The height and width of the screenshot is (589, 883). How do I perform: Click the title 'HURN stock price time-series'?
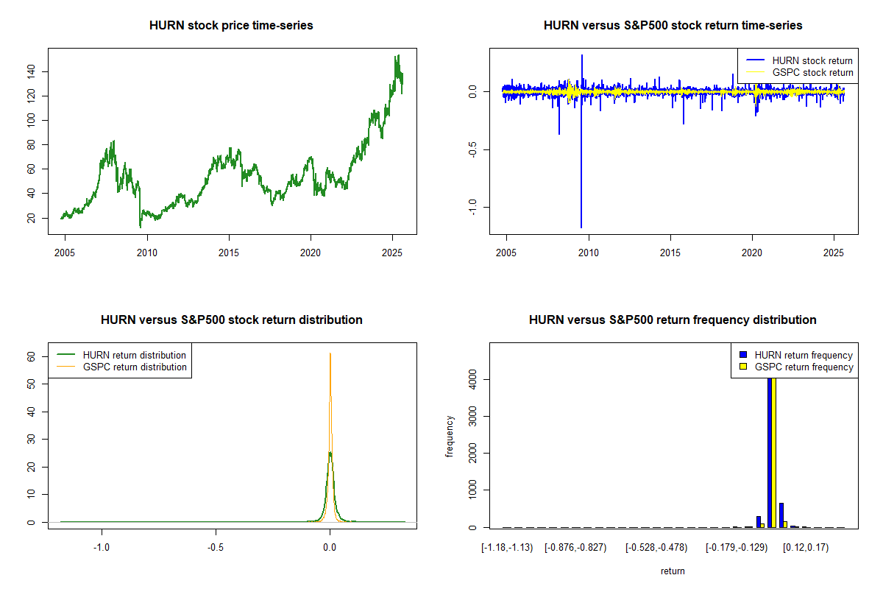[x=231, y=26]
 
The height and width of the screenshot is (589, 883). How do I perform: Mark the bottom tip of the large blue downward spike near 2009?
[x=581, y=227]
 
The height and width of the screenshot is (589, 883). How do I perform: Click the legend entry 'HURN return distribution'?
[x=135, y=355]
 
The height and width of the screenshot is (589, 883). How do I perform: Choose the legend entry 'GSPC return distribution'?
[x=135, y=367]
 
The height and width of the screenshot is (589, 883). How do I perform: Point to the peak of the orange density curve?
[x=330, y=354]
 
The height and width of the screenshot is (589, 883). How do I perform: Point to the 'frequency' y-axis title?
[x=450, y=437]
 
